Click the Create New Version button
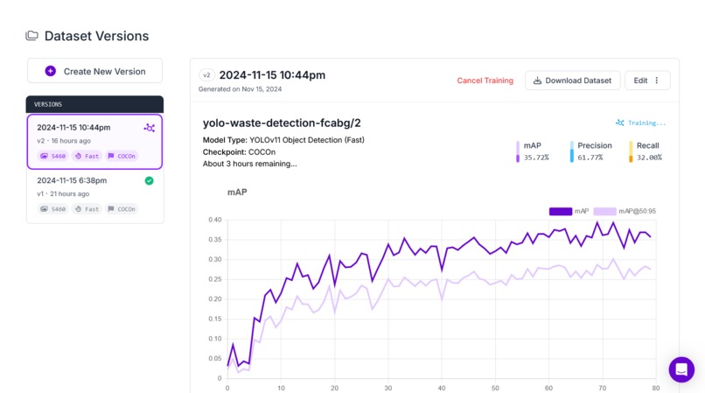(94, 71)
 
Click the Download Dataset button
(572, 81)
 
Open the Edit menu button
(647, 81)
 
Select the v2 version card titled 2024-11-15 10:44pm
(94, 141)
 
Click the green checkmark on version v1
(149, 181)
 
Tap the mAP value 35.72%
(536, 158)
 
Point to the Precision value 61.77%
(590, 158)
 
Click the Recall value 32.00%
(649, 158)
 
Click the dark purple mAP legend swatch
(560, 211)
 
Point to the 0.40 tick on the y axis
(215, 220)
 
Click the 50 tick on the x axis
(495, 388)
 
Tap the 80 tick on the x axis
(656, 388)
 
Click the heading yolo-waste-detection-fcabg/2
(282, 123)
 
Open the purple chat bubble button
(681, 369)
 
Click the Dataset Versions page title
(96, 36)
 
